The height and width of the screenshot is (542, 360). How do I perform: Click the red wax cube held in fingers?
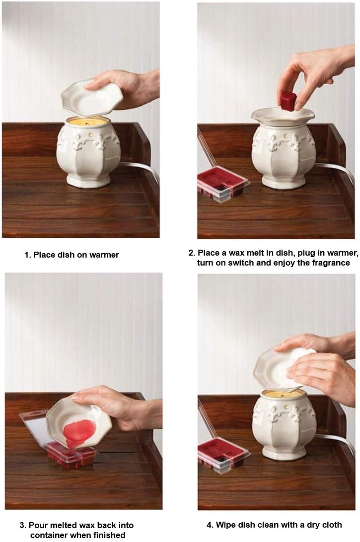coord(287,101)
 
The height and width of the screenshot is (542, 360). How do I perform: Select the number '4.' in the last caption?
coord(210,526)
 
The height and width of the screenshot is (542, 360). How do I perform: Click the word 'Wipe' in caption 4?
coord(225,525)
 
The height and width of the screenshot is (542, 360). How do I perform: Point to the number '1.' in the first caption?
coord(28,255)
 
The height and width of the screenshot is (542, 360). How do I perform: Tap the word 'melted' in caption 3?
coord(63,526)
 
